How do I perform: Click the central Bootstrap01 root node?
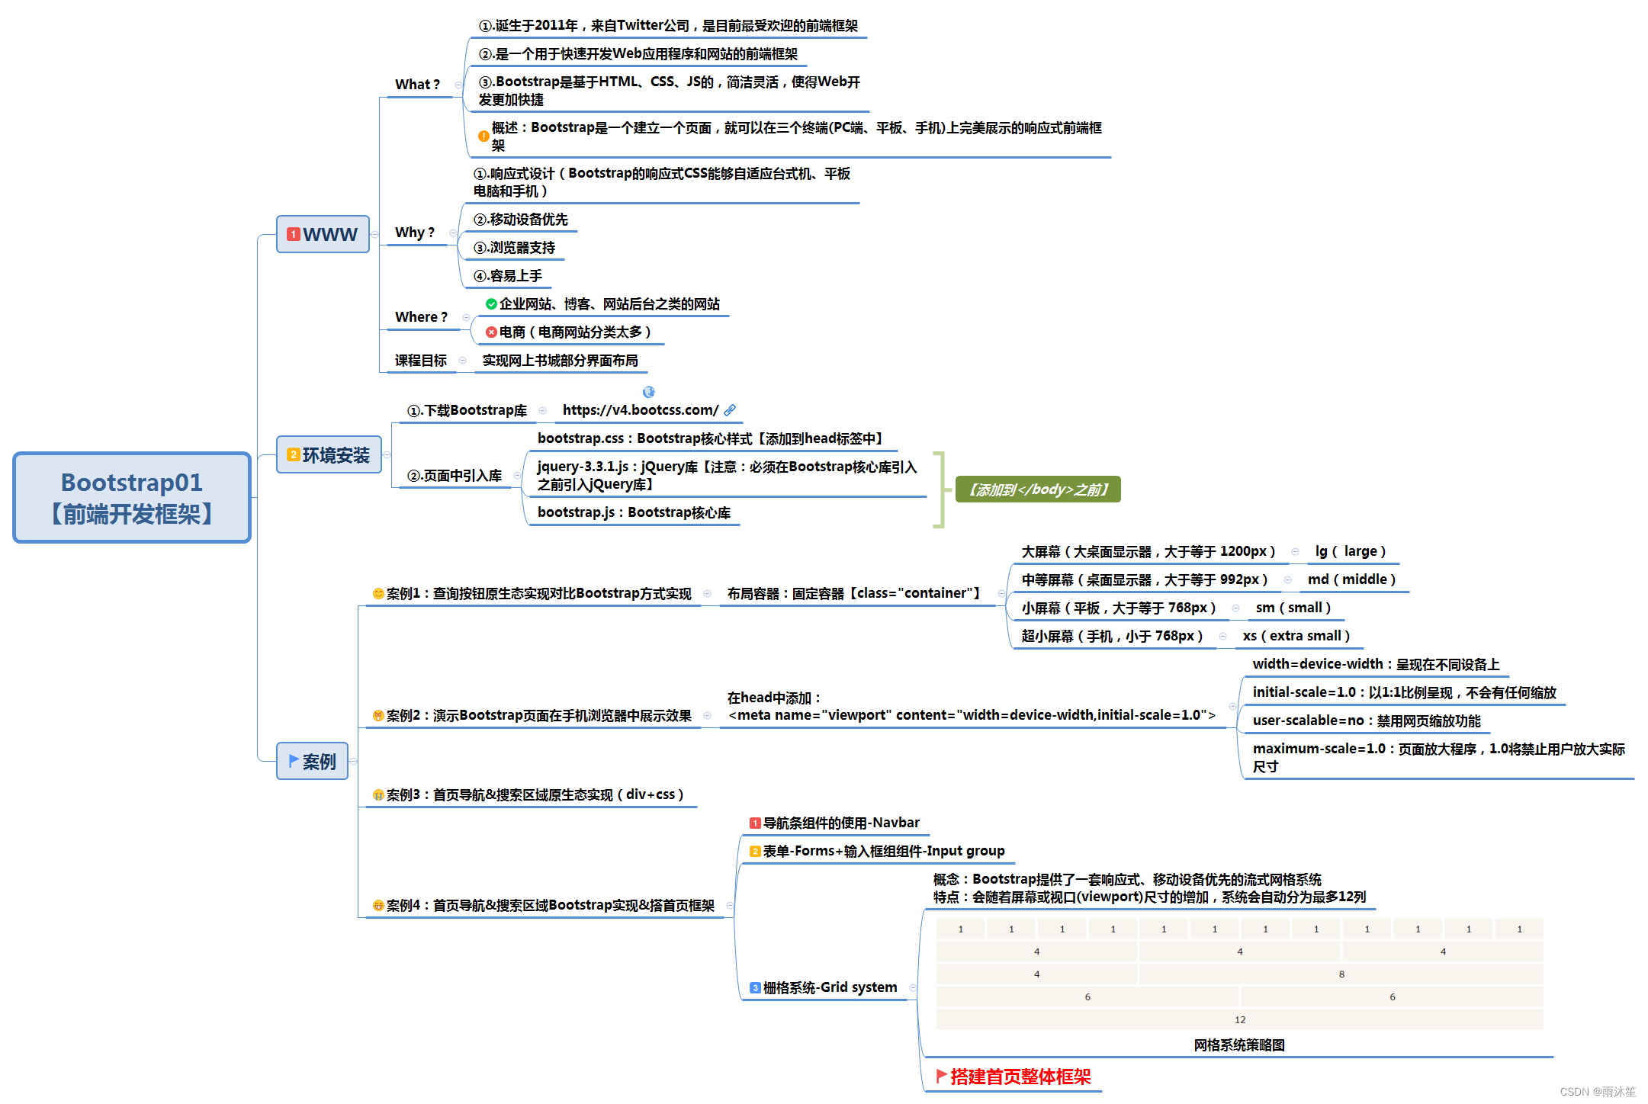click(x=132, y=498)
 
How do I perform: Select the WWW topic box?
click(x=323, y=234)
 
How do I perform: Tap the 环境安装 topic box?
click(x=329, y=455)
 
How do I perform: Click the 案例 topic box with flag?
click(x=312, y=761)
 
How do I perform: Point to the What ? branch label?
click(x=417, y=85)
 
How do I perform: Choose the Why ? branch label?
click(x=415, y=233)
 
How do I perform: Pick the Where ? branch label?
click(x=421, y=317)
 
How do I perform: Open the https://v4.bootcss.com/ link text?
click(x=640, y=410)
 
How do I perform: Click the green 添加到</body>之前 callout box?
click(x=1037, y=489)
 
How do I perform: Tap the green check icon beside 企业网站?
click(x=491, y=304)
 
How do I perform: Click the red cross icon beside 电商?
click(x=491, y=332)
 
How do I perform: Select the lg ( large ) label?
click(x=1350, y=551)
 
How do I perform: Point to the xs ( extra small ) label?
click(x=1296, y=636)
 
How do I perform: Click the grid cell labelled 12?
click(x=1239, y=1019)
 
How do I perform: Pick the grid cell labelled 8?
click(x=1341, y=974)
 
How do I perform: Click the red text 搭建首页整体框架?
click(x=1020, y=1077)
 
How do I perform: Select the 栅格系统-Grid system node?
click(x=829, y=987)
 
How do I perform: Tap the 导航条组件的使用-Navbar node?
click(x=840, y=823)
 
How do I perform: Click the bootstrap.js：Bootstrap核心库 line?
click(x=633, y=512)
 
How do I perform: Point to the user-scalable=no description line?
click(x=1365, y=720)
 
